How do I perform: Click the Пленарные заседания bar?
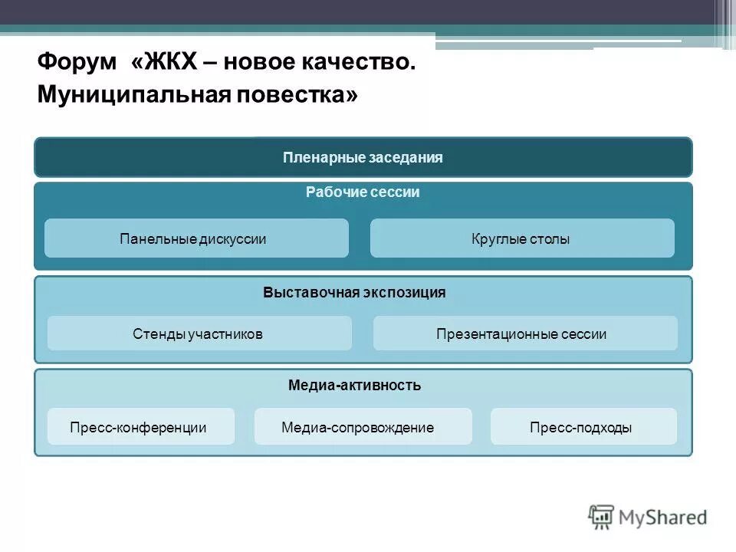[x=363, y=157]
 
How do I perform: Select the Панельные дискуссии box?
[x=196, y=238]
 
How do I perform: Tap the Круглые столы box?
[x=521, y=238]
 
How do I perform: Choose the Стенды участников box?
[x=199, y=333]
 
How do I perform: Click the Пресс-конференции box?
[x=140, y=427]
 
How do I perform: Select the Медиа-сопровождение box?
[x=362, y=427]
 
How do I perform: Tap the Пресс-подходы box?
[x=583, y=427]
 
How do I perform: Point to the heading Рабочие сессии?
[x=363, y=192]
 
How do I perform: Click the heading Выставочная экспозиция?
[x=354, y=293]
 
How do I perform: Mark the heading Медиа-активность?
[x=354, y=385]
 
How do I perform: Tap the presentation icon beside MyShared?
[x=602, y=517]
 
